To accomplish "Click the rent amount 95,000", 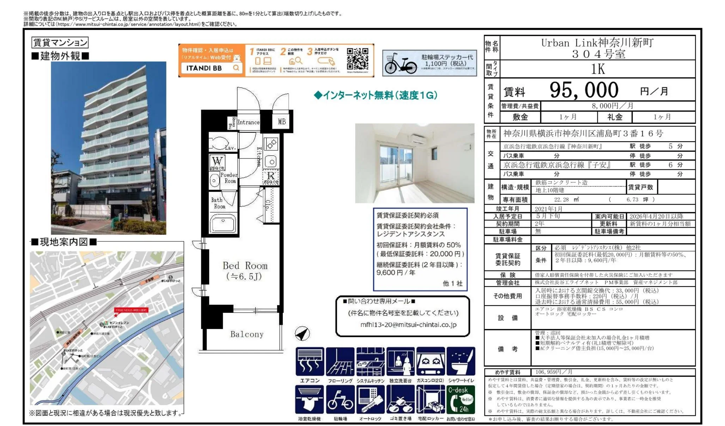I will click(584, 90).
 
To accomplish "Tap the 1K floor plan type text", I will click(598, 69).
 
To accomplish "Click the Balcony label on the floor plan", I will click(246, 334).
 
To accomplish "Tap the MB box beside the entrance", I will click(282, 122).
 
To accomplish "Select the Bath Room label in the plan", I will click(218, 203).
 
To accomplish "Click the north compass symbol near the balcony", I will click(302, 333).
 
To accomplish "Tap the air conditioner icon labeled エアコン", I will click(309, 362).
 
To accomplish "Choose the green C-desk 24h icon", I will click(460, 400).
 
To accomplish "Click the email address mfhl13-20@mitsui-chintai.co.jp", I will click(408, 325).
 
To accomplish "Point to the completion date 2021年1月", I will click(548, 209).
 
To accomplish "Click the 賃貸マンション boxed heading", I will click(60, 43).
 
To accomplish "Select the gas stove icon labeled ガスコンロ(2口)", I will click(430, 362).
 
